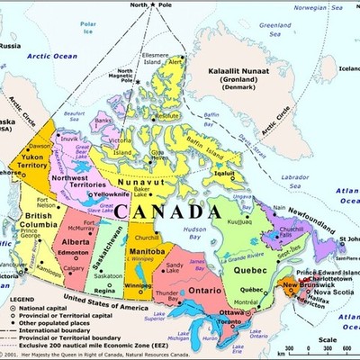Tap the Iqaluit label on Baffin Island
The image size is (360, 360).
tap(226, 174)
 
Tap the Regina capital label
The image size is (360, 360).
tap(104, 291)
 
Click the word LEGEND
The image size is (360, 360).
tap(22, 297)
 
